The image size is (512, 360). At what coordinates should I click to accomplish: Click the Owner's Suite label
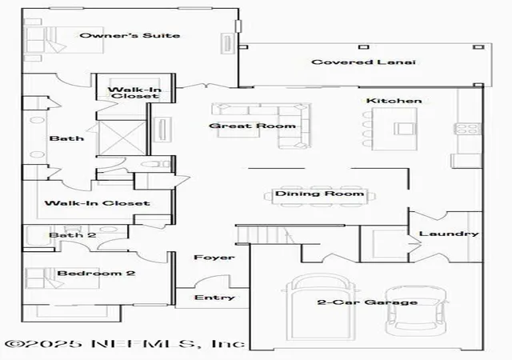130,35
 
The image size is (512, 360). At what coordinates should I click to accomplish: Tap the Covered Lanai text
363,62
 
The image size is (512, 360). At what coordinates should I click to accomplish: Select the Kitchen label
394,101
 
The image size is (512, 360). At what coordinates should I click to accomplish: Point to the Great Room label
252,126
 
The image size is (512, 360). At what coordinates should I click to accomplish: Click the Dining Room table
320,196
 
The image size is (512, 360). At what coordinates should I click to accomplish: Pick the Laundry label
449,234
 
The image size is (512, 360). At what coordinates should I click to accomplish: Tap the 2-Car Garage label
367,302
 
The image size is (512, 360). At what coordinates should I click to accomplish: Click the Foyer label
214,258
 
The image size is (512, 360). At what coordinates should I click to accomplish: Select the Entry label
214,298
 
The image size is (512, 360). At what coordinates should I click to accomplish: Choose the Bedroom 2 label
96,273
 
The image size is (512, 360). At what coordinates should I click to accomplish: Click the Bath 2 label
73,235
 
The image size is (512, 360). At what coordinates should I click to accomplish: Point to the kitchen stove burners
469,128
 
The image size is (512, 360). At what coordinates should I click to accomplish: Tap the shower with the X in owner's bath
122,138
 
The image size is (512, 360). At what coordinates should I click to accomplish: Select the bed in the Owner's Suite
65,40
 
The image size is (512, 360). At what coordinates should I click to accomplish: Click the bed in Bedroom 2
62,278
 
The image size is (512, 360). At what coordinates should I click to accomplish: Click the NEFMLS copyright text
125,344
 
